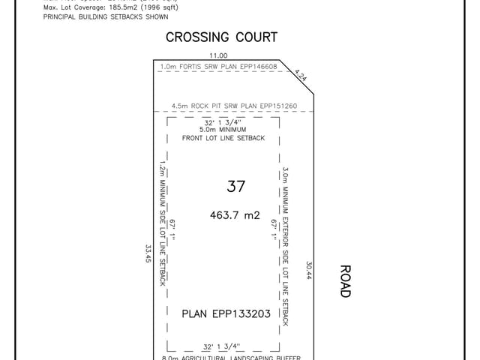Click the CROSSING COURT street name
[x=221, y=37]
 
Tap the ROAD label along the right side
[x=344, y=281]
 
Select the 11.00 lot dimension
[x=218, y=55]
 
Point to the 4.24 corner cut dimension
[x=301, y=74]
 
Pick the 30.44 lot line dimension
[x=308, y=270]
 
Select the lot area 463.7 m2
[x=235, y=215]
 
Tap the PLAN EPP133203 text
[x=226, y=314]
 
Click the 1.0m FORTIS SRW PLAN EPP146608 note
[x=219, y=67]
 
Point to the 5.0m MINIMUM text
[x=224, y=130]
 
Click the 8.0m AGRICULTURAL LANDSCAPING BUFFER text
[x=225, y=357]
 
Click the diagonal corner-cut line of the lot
[x=296, y=76]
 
